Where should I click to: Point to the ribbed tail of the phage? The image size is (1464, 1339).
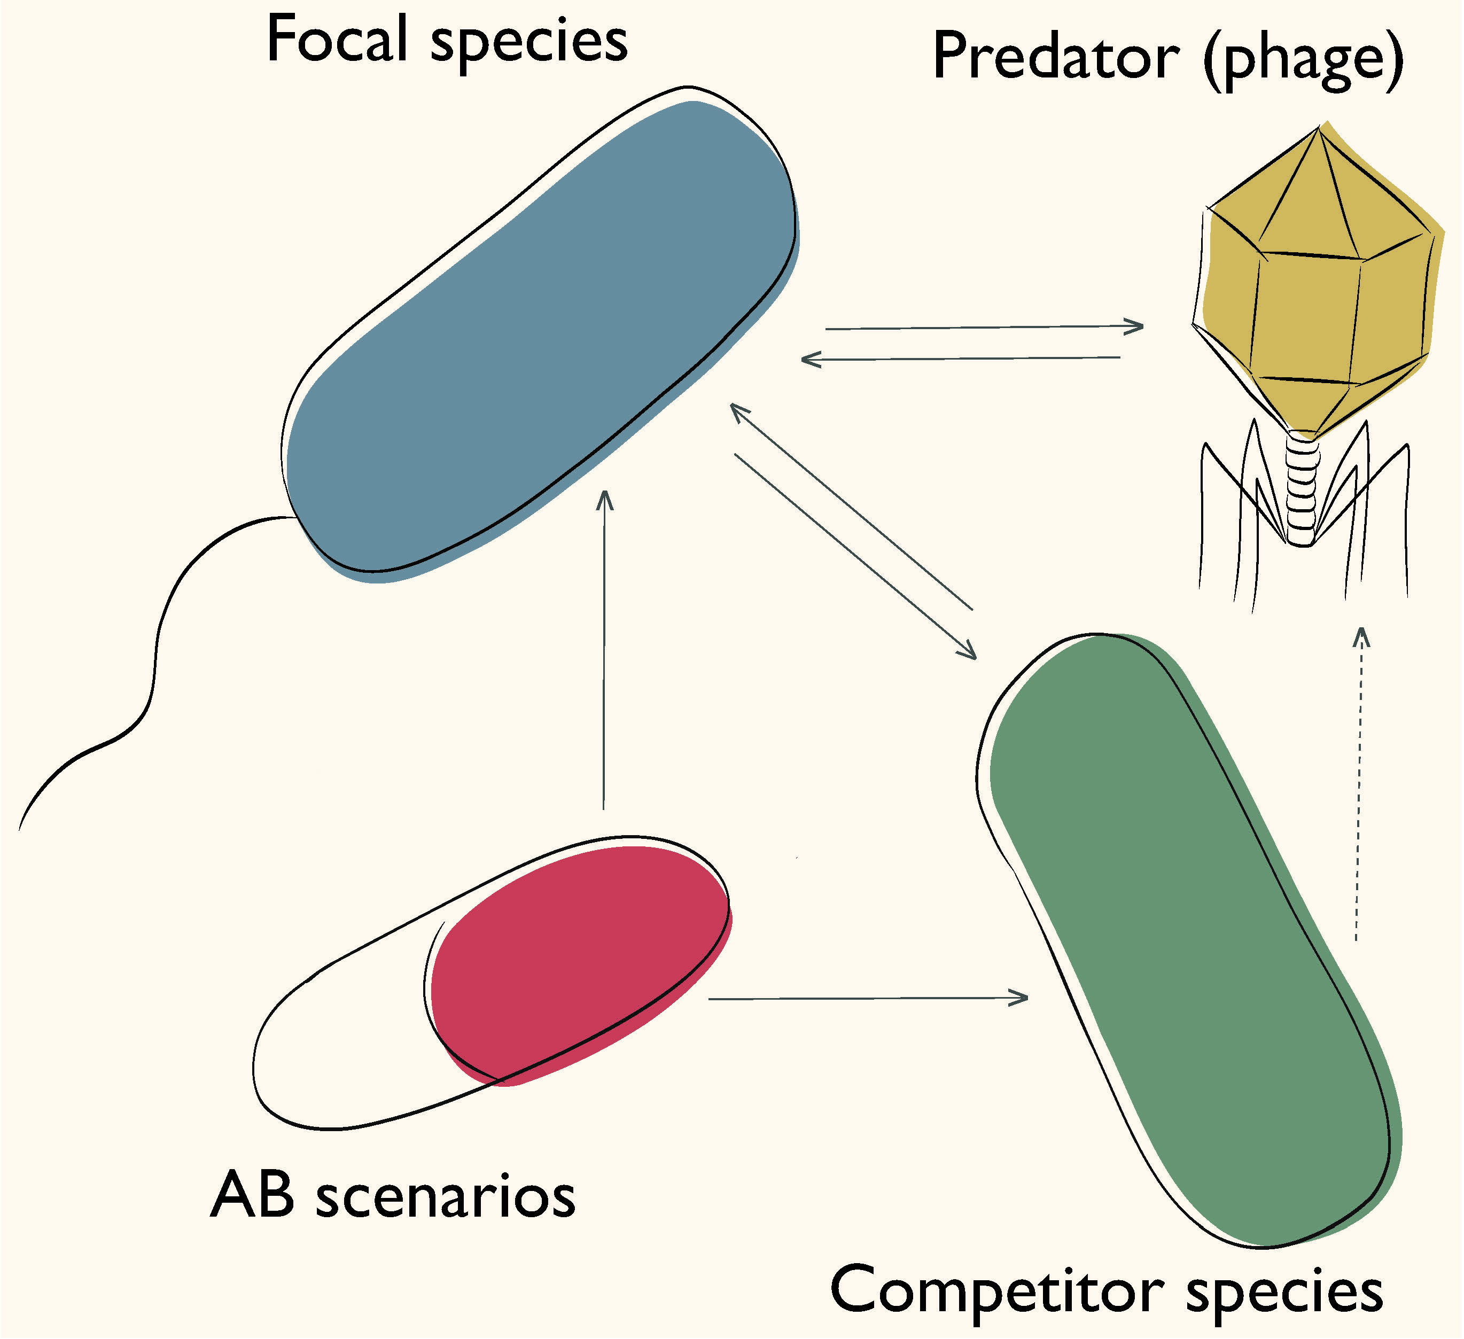1302,487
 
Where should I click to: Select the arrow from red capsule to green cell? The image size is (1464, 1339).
868,999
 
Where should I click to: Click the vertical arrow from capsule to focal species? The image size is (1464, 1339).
603,653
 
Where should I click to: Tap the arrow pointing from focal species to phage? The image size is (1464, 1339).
984,328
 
